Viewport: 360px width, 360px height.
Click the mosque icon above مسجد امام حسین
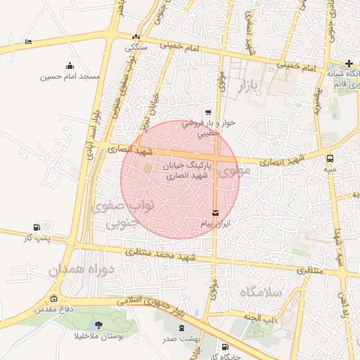[x=70, y=66]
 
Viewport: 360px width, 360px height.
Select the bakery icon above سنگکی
[x=136, y=37]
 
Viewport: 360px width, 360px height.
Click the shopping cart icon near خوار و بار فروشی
[x=207, y=112]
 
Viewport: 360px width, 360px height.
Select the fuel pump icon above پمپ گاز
[x=37, y=227]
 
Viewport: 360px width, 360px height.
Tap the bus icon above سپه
[x=330, y=159]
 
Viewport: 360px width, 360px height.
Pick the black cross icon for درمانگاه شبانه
[x=349, y=64]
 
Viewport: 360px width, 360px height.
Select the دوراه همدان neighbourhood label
[x=77, y=269]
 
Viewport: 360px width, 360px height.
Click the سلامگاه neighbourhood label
[x=260, y=292]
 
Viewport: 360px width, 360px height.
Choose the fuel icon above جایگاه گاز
[x=225, y=347]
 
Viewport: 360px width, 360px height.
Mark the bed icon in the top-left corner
[x=28, y=42]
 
